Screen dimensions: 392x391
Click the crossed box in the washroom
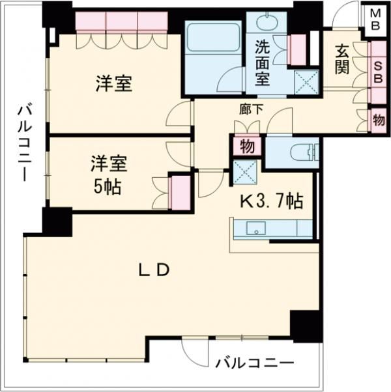(x=305, y=82)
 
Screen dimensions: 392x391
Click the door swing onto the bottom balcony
(x=195, y=355)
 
